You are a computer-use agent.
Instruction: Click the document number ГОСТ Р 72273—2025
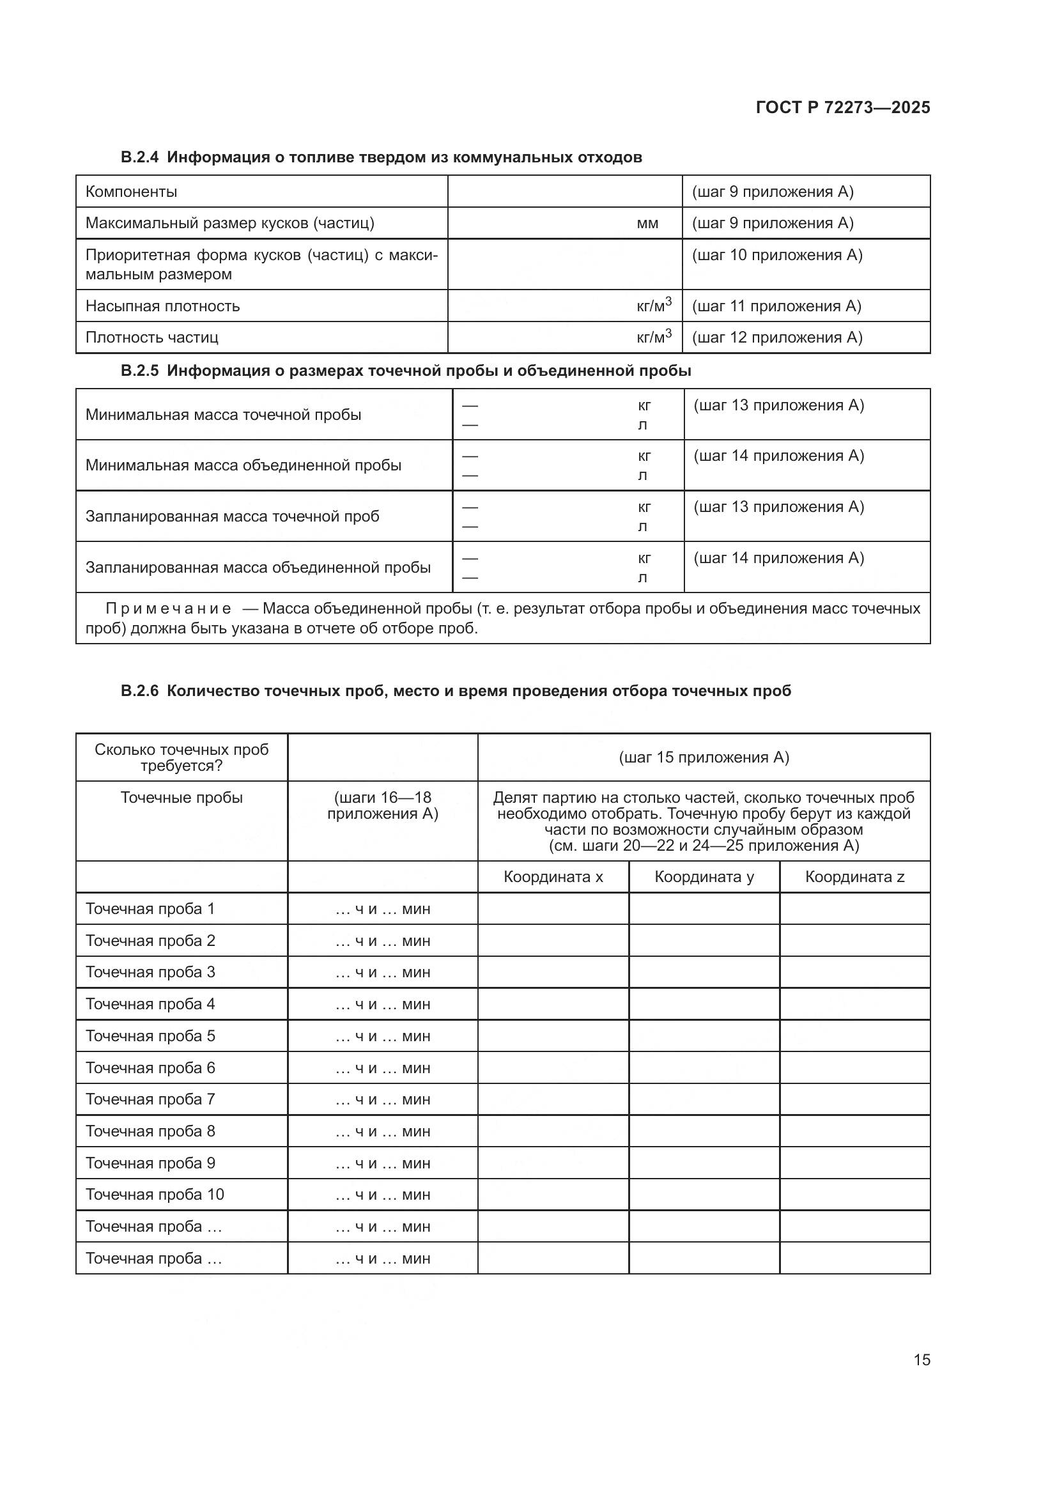[x=842, y=107]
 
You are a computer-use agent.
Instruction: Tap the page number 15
[x=922, y=1359]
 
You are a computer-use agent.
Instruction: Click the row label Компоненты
[x=131, y=192]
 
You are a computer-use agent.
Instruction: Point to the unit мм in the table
[x=647, y=223]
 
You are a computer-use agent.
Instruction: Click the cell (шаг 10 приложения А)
[x=776, y=255]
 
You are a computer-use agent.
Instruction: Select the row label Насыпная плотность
[x=163, y=306]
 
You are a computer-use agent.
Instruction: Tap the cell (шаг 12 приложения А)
[x=776, y=337]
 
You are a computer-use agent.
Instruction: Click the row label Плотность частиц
[x=151, y=337]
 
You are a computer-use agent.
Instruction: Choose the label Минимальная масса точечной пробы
[x=223, y=415]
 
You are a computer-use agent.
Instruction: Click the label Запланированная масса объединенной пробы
[x=258, y=567]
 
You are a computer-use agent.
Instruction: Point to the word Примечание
[x=168, y=609]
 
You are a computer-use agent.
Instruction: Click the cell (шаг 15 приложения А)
[x=704, y=757]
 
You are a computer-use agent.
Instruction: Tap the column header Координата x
[x=553, y=877]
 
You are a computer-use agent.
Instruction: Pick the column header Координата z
[x=854, y=877]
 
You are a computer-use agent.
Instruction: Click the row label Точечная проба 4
[x=150, y=1004]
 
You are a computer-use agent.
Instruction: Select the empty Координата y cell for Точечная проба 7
[x=704, y=1099]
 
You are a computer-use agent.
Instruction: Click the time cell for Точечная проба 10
[x=382, y=1195]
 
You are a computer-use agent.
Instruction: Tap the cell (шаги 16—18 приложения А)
[x=382, y=805]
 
